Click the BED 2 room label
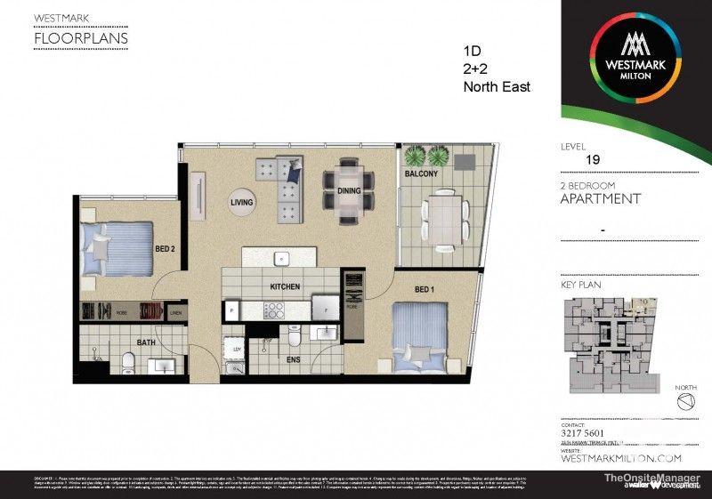164,249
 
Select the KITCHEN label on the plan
285,286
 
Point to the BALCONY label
421,174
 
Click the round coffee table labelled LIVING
242,203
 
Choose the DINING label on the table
349,190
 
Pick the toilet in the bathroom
128,362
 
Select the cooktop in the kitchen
272,310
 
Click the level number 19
592,160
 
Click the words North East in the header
497,87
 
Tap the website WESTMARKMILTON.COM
620,457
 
